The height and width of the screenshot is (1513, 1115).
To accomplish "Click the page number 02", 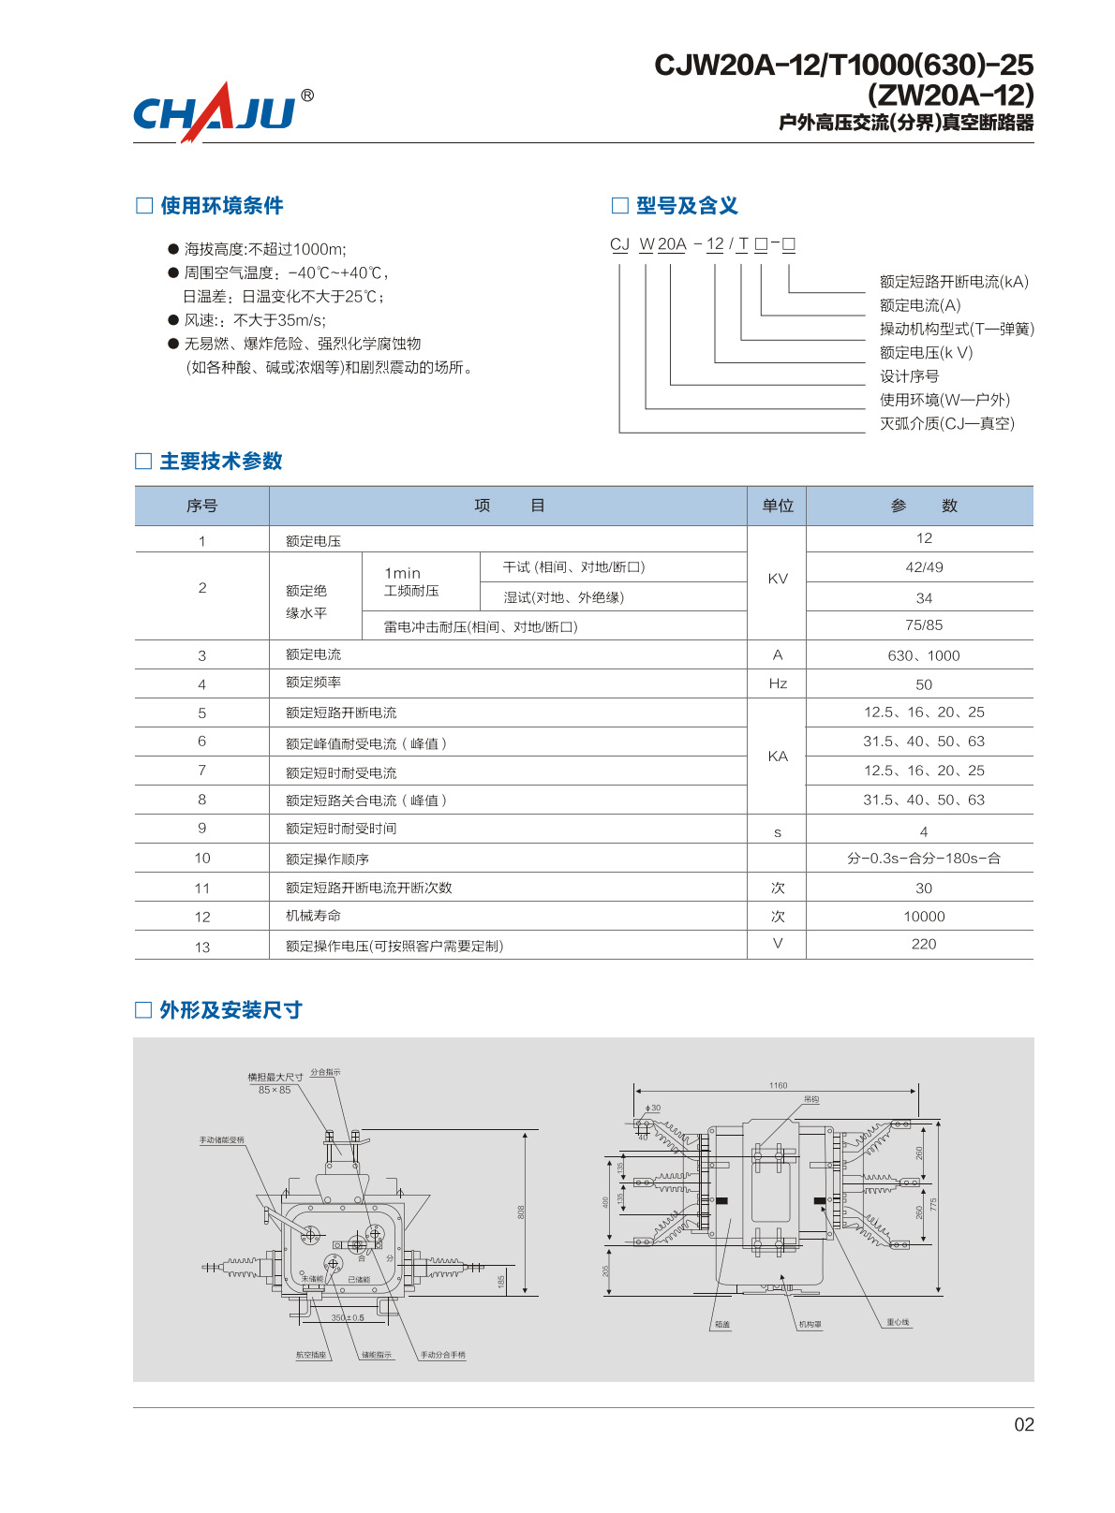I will tap(1024, 1424).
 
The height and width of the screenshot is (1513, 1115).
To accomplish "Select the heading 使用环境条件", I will tap(221, 206).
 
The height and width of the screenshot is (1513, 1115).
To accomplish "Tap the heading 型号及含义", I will tap(687, 206).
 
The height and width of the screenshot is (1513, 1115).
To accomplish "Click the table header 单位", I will tap(777, 506).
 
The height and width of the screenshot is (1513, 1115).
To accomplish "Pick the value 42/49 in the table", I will tap(924, 567).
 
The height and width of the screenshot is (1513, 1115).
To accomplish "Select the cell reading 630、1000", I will tap(924, 655).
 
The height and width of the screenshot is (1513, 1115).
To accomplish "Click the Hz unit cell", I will tap(778, 683).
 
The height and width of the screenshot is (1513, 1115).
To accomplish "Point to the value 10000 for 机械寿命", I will tap(924, 917).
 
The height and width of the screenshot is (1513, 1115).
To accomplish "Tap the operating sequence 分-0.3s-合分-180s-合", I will tap(924, 859).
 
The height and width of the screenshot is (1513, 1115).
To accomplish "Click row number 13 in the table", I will tap(202, 947).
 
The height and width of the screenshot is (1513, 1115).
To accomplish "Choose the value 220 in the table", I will tap(924, 944).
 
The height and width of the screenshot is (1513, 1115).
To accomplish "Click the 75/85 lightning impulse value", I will tap(924, 625).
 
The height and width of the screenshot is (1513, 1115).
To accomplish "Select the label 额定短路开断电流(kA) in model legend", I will tap(954, 282).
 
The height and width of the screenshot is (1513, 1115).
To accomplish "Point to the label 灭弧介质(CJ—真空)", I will tap(946, 423).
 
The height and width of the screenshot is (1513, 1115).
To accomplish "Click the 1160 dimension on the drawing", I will tap(778, 1085).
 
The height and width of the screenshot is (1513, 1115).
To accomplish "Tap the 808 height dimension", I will tap(521, 1212).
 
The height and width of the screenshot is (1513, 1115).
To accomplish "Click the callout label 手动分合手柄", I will tap(442, 1355).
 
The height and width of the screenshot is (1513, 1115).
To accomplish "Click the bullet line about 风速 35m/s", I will tap(255, 320).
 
